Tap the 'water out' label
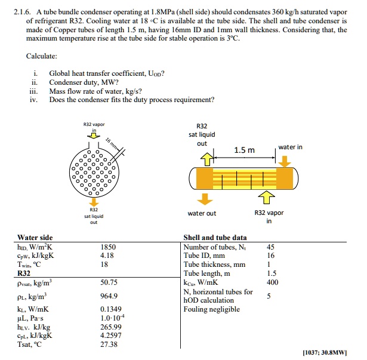point(202,213)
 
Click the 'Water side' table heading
point(35,238)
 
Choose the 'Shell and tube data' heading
point(215,238)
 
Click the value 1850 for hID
point(108,247)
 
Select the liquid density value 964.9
point(108,296)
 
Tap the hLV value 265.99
point(109,327)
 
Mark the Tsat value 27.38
point(107,344)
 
